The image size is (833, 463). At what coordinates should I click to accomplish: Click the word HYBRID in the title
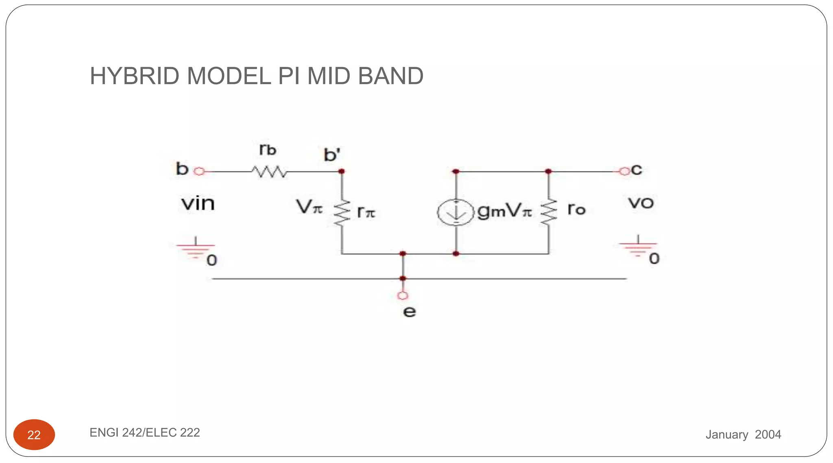135,76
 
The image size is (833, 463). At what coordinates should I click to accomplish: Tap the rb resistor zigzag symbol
269,172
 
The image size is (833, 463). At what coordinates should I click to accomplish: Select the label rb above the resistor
268,150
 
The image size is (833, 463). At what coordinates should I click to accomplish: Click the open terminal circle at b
199,171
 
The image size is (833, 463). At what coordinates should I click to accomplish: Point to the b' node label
332,155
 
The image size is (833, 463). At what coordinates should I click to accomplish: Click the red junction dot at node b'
342,171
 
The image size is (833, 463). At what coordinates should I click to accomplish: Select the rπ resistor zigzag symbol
342,212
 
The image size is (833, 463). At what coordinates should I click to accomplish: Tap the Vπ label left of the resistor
309,207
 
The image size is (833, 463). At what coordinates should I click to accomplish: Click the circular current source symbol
456,212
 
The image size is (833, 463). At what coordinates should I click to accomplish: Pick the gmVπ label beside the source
504,211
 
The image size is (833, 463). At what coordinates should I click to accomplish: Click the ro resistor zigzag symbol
548,212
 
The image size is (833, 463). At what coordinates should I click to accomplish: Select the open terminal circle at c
624,171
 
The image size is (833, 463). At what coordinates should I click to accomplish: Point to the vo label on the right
641,203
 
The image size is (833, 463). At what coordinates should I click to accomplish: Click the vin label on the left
198,203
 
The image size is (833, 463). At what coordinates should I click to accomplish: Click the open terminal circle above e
403,295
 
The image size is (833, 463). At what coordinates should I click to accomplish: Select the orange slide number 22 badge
34,435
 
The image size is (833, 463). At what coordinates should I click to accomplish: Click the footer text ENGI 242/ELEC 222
145,432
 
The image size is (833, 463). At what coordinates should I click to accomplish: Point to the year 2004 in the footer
768,435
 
